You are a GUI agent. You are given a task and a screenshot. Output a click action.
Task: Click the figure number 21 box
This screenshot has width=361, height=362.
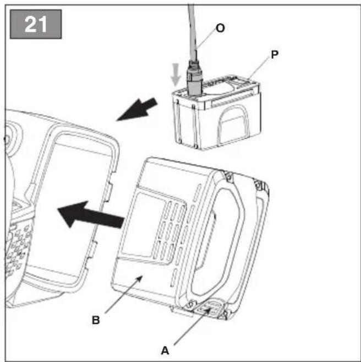click(x=36, y=24)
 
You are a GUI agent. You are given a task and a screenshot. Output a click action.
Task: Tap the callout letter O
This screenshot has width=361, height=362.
click(x=220, y=28)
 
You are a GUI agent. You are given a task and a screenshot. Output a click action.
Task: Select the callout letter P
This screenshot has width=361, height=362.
click(x=275, y=55)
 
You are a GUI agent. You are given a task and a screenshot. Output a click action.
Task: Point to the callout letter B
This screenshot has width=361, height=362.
click(x=96, y=320)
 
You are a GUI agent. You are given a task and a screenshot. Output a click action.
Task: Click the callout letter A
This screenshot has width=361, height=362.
click(x=165, y=350)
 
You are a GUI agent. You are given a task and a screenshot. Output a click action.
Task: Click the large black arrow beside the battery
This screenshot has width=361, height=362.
click(x=90, y=215)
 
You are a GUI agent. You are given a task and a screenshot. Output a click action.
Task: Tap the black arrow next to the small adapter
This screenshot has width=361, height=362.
click(x=137, y=109)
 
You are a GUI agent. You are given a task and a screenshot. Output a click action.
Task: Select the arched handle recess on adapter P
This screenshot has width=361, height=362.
click(x=233, y=125)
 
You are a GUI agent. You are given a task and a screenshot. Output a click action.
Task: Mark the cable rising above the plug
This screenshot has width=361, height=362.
click(x=192, y=30)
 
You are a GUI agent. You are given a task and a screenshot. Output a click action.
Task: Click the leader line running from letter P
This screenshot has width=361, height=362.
click(x=258, y=68)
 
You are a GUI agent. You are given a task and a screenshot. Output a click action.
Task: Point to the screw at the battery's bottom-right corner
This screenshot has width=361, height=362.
click(x=225, y=314)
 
